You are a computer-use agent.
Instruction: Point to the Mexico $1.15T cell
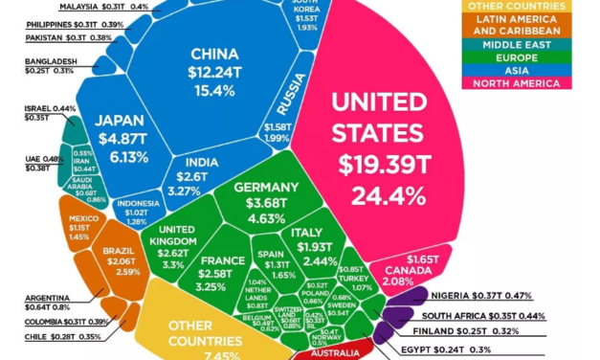click(x=81, y=228)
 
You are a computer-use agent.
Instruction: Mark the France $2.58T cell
click(x=218, y=271)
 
